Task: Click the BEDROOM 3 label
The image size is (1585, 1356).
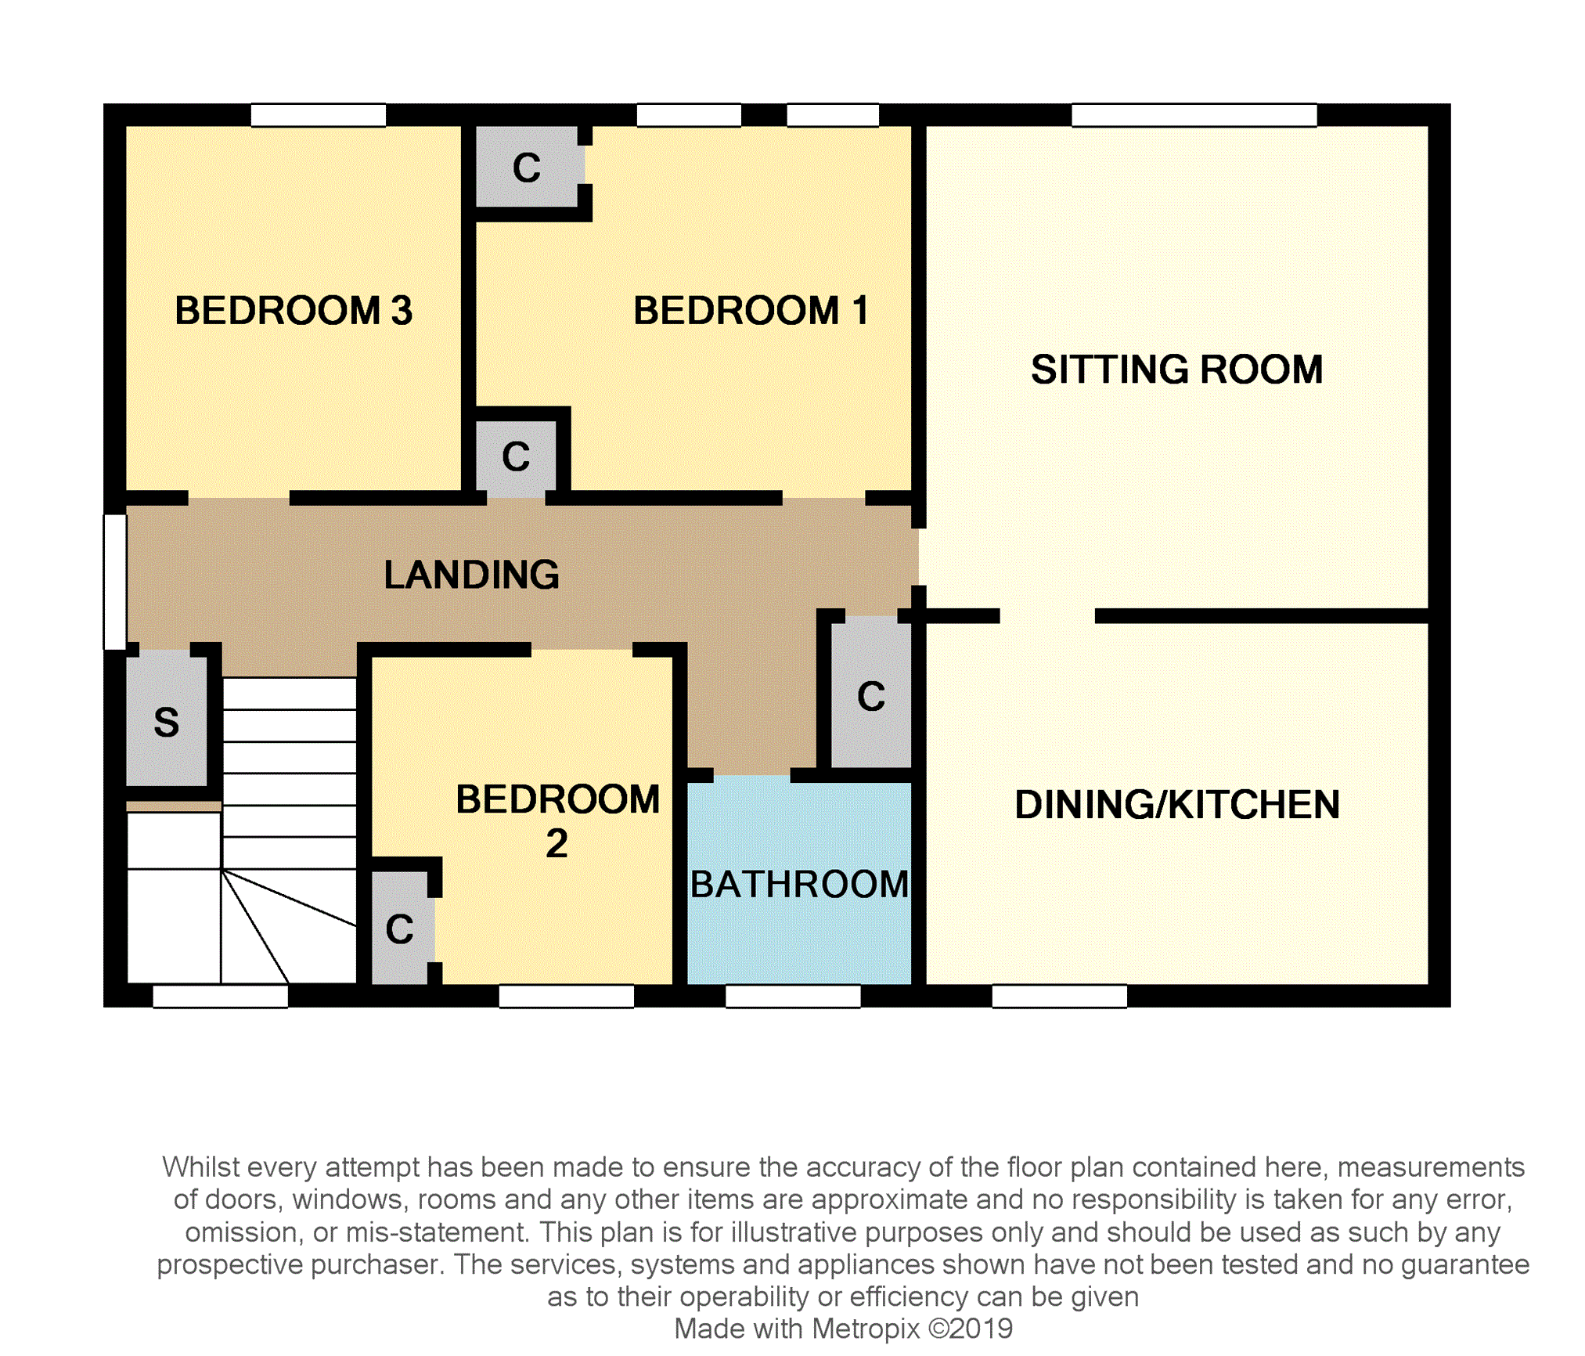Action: [x=293, y=310]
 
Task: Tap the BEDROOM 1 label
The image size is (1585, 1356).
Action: [x=750, y=310]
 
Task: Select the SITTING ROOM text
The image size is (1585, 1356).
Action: [x=1176, y=370]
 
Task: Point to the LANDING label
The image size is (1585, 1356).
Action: [x=471, y=575]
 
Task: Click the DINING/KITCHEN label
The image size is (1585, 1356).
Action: [x=1176, y=805]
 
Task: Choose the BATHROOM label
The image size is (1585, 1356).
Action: [x=798, y=885]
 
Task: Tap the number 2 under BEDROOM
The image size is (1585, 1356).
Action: [x=557, y=844]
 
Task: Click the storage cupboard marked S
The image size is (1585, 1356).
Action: [x=166, y=722]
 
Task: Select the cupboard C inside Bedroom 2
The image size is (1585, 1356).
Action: [x=399, y=929]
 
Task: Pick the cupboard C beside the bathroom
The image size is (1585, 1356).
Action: [x=870, y=696]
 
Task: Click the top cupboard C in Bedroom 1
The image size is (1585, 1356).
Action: [x=527, y=168]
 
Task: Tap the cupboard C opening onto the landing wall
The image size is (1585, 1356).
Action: [x=516, y=456]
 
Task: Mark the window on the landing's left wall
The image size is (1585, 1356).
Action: [x=115, y=582]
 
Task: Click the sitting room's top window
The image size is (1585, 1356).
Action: [x=1194, y=115]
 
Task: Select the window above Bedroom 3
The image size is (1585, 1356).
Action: [x=318, y=115]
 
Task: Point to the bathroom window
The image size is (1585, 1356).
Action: [x=793, y=996]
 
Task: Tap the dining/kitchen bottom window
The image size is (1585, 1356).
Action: [x=1059, y=996]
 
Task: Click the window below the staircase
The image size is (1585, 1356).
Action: [x=220, y=996]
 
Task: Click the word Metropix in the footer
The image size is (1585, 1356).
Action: [x=865, y=1329]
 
